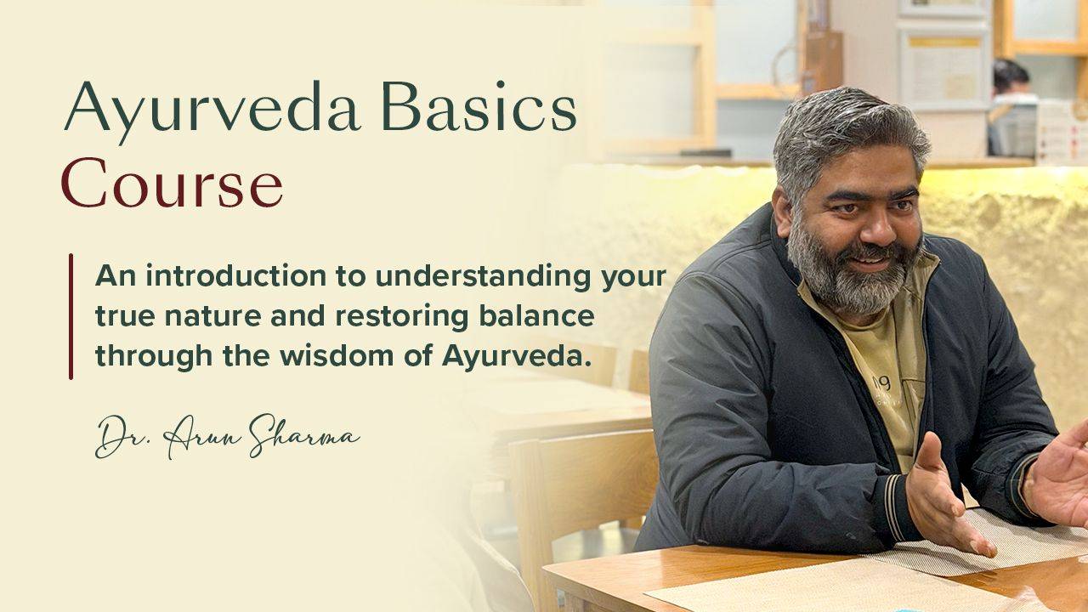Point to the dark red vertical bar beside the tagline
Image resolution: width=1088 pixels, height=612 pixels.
[71, 315]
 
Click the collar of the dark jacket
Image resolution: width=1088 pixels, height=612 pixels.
[782, 255]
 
